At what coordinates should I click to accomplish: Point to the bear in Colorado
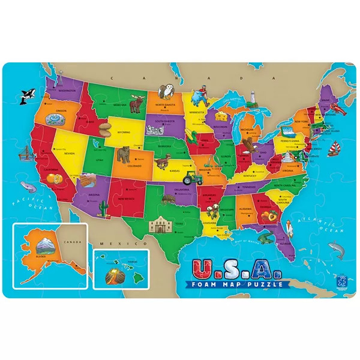coord(124,155)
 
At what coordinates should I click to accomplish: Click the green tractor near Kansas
coord(191,178)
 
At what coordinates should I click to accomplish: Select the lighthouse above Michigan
coord(254,96)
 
